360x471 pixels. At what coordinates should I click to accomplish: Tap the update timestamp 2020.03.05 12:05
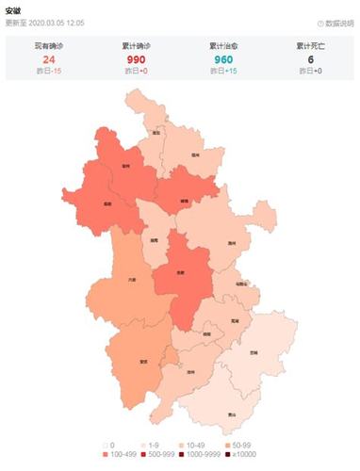pyautogui.click(x=58, y=22)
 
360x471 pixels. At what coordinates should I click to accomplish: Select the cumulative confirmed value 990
pyautogui.click(x=136, y=57)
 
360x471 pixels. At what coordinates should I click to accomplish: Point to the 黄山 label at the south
pyautogui.click(x=231, y=413)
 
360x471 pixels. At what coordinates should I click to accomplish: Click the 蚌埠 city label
pyautogui.click(x=184, y=201)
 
